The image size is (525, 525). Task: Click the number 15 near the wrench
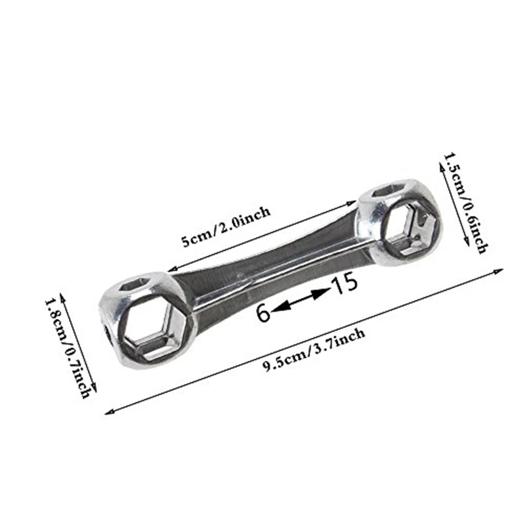click(x=344, y=283)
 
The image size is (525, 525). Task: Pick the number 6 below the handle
click(x=263, y=313)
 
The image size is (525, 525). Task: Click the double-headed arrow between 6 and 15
click(x=300, y=300)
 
